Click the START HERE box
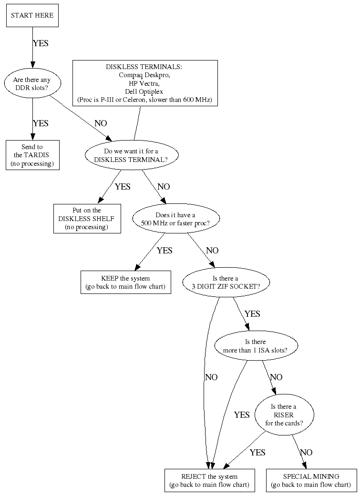tap(32, 15)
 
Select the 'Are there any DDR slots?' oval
tap(32, 84)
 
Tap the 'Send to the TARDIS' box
tap(32, 155)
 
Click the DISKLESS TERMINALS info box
tap(144, 83)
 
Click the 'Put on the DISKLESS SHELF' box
tap(86, 219)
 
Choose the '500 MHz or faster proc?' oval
tap(175, 219)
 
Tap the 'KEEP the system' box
tap(125, 282)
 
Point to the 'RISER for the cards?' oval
tap(283, 414)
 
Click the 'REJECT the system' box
tap(209, 480)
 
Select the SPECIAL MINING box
tap(311, 480)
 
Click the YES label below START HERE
tap(41, 43)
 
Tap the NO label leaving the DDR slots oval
tap(101, 123)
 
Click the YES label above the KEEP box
tap(165, 251)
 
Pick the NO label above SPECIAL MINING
tap(306, 453)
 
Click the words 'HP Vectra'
tap(144, 83)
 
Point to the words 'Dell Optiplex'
tap(144, 92)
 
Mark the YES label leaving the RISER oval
tap(257, 453)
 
